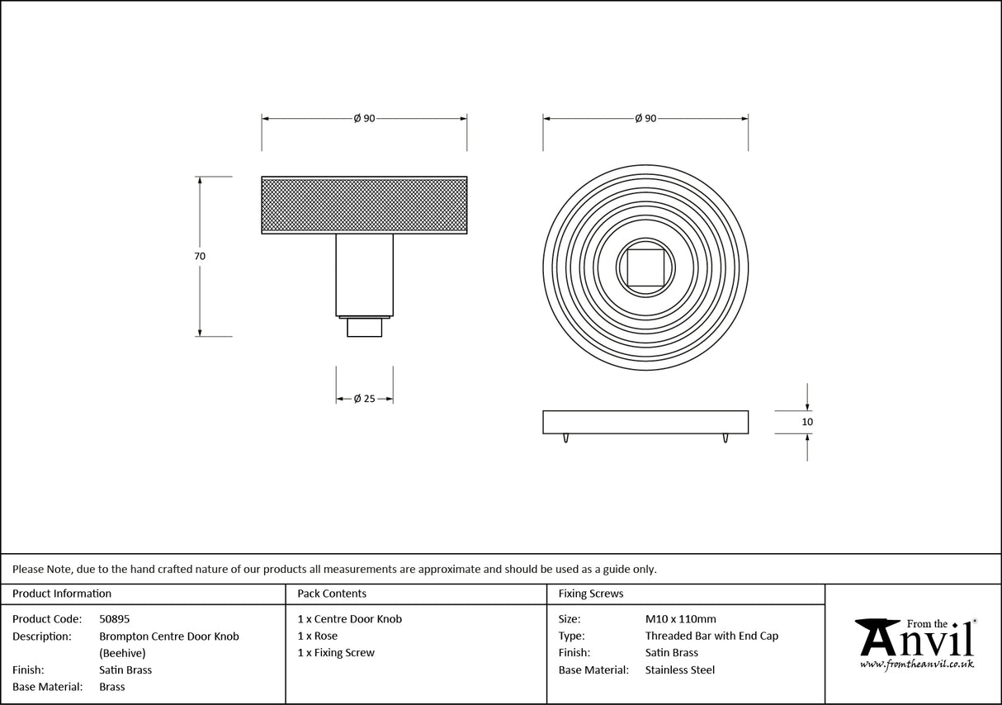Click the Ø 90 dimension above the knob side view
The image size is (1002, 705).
364,119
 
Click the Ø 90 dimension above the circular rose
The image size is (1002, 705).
645,119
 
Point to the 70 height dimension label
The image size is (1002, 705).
200,257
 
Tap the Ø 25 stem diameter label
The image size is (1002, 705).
364,399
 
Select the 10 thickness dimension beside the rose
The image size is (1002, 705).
807,422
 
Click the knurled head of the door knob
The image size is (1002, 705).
364,205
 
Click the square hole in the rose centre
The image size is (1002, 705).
645,267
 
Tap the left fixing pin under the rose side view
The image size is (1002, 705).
565,438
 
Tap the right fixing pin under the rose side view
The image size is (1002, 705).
725,438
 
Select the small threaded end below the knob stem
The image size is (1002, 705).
364,327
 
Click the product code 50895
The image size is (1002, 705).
114,619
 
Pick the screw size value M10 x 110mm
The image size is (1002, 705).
680,619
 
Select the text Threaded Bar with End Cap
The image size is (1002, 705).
711,636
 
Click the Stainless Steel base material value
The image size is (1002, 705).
680,670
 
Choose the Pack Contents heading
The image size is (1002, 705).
332,594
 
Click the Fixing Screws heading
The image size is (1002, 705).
591,594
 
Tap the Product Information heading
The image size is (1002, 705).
62,594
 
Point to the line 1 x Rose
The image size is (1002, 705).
318,636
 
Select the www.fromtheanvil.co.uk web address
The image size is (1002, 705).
916,664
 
